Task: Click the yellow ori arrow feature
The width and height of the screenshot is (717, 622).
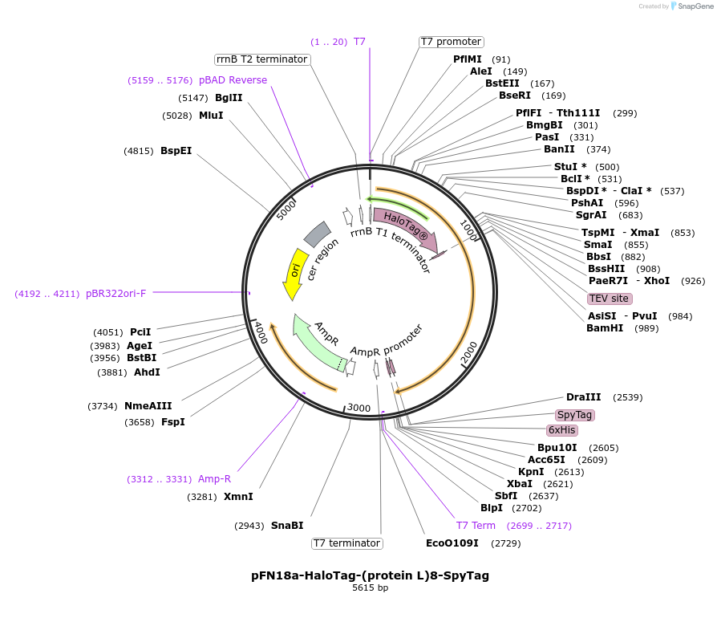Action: pos(294,273)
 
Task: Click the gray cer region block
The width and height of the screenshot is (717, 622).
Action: pos(318,234)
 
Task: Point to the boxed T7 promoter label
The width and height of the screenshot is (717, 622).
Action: pos(452,42)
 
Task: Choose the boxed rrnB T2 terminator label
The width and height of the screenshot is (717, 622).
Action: pos(262,59)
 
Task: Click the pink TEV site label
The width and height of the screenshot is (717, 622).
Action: pos(610,299)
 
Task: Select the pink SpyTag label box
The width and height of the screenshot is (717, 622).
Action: pos(575,415)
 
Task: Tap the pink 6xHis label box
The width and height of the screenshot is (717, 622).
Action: pos(562,430)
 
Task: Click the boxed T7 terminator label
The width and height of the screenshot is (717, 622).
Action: pos(347,543)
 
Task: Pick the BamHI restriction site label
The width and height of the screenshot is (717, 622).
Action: pos(605,328)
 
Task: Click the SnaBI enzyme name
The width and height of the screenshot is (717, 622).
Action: pos(287,526)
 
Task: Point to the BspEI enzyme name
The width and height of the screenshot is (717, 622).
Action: pos(176,151)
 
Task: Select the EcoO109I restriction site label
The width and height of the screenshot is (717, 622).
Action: pos(452,543)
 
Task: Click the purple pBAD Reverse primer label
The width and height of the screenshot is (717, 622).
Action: pos(233,80)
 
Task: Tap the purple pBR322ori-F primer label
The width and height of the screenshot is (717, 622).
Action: pos(115,294)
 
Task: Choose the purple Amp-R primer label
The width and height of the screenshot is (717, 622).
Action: pos(214,479)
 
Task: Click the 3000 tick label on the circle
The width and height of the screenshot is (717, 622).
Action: pos(359,408)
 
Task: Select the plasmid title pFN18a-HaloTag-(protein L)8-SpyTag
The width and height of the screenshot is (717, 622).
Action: pos(370,575)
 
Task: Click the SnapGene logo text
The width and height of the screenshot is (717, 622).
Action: pos(695,6)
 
